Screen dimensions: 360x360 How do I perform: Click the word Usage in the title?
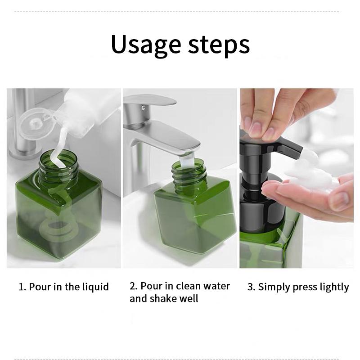coord(145,45)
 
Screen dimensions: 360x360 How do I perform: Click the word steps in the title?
coord(219,45)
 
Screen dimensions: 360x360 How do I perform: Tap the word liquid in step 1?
coord(95,287)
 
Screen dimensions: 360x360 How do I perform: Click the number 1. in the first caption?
coord(22,287)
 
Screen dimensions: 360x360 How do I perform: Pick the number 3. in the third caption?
coord(252,287)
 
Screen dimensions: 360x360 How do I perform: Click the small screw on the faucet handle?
coord(144,107)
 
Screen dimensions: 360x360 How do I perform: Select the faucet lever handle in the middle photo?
coord(149,100)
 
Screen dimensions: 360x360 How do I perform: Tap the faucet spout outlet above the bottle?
coord(189,153)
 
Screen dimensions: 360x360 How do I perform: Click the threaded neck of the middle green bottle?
coord(188,175)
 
